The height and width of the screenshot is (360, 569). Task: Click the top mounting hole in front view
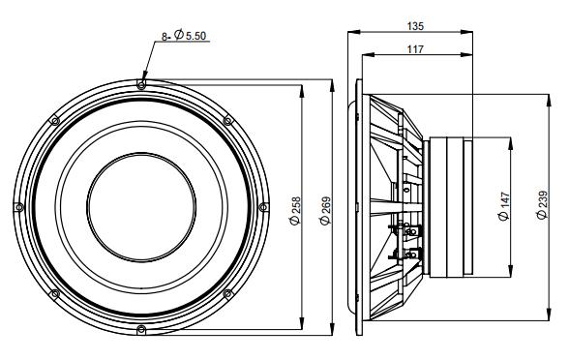pyautogui.click(x=142, y=85)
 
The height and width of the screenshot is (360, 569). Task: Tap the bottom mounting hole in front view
pyautogui.click(x=142, y=330)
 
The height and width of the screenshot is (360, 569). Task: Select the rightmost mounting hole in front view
pyautogui.click(x=264, y=206)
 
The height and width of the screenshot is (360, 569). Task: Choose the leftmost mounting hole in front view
pyautogui.click(x=20, y=207)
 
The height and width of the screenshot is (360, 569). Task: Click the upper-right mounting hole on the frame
pyautogui.click(x=228, y=120)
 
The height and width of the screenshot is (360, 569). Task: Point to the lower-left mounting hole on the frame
pyautogui.click(x=56, y=293)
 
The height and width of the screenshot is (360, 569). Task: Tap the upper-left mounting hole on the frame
pyautogui.click(x=56, y=121)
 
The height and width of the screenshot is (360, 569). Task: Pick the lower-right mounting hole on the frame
pyautogui.click(x=228, y=293)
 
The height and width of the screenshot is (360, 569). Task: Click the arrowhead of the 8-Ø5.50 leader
pyautogui.click(x=143, y=78)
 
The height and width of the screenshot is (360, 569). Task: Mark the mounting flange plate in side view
pyautogui.click(x=357, y=206)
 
